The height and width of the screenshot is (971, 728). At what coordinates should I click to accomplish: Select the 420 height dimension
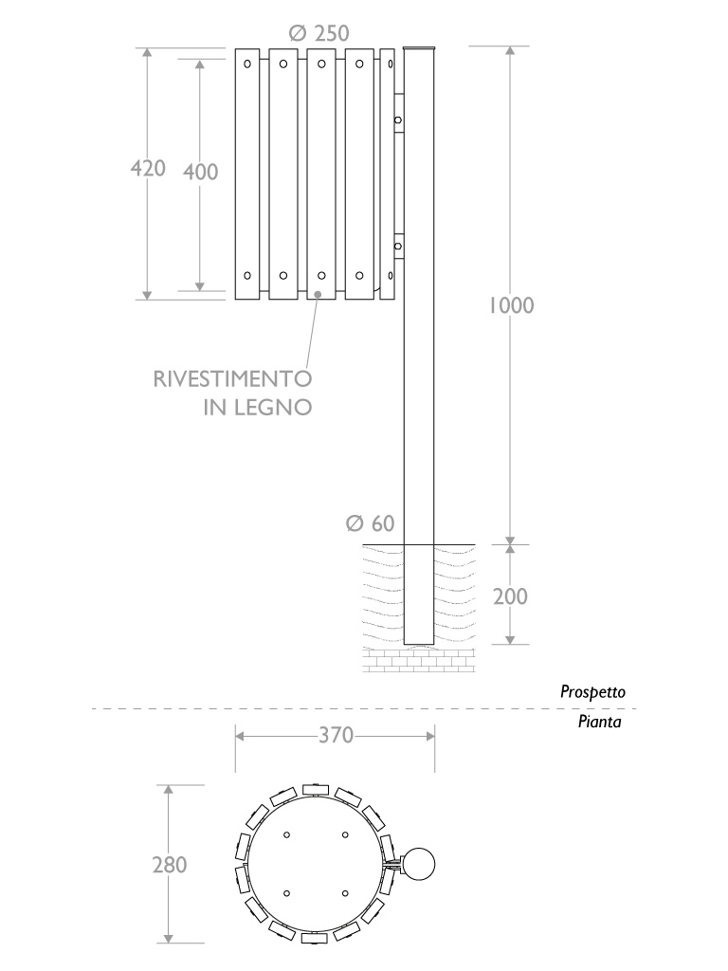click(x=148, y=169)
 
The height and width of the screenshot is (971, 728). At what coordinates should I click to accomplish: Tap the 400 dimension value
click(x=200, y=172)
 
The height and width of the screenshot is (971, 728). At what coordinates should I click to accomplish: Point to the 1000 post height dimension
click(x=511, y=305)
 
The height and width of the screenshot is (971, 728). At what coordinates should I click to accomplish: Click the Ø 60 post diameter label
click(x=370, y=523)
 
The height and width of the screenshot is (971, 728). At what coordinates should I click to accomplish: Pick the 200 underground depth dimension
click(x=510, y=596)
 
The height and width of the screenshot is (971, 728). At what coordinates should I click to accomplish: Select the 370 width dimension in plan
click(x=335, y=735)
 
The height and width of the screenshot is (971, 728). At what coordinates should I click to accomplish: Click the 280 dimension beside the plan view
click(x=170, y=865)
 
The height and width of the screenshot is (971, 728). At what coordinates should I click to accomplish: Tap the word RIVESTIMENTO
click(x=232, y=379)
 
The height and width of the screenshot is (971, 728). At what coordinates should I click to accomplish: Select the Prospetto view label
click(x=592, y=692)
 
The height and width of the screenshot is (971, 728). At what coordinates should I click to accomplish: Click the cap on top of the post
click(x=419, y=48)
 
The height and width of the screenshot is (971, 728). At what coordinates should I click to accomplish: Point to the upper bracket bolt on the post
click(x=398, y=119)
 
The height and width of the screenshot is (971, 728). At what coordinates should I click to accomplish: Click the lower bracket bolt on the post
click(x=398, y=247)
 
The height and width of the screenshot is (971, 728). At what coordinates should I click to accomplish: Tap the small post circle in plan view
click(x=418, y=865)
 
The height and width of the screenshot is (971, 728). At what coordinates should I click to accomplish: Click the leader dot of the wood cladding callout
click(x=318, y=295)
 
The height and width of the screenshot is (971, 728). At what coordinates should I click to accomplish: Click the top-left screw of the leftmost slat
click(x=246, y=64)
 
